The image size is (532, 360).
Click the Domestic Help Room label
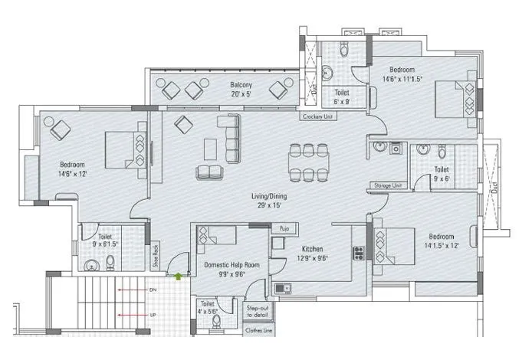231,264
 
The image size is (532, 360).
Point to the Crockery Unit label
317,117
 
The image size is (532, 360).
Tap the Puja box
284,227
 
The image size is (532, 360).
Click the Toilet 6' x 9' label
341,97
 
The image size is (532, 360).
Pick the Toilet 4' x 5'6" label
207,307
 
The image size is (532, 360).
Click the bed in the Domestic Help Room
214,235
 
